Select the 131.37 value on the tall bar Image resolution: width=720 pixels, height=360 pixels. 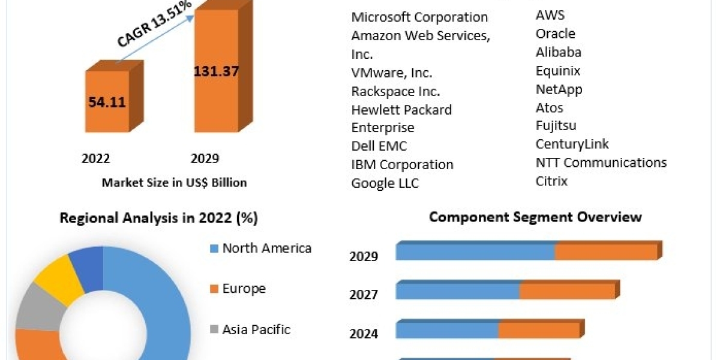point(216,71)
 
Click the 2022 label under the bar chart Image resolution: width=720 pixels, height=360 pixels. point(96,158)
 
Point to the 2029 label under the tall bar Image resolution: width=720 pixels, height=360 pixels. point(205,158)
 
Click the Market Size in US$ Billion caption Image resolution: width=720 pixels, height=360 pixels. point(174,182)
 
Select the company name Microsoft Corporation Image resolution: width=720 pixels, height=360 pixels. point(419,17)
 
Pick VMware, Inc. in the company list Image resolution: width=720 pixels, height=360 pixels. point(392,73)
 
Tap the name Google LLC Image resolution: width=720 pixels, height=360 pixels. point(385,183)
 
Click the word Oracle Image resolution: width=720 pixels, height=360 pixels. point(555,34)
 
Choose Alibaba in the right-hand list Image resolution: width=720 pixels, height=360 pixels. point(558,52)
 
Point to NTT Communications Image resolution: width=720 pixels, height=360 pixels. point(601,163)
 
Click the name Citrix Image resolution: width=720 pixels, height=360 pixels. point(551,181)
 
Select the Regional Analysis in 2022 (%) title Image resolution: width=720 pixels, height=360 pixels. point(158,218)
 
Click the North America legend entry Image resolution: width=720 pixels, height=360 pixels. point(266,248)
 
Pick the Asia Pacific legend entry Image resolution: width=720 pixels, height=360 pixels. point(256,329)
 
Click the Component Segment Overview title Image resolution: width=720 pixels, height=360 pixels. point(535,217)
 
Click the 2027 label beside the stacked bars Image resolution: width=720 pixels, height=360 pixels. point(364,295)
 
